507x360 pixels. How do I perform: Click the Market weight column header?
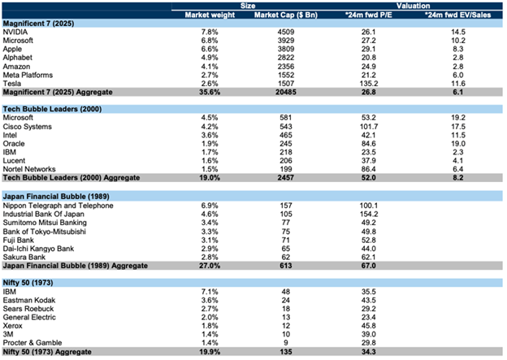pyautogui.click(x=210, y=15)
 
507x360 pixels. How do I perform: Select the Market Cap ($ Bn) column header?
pyautogui.click(x=286, y=15)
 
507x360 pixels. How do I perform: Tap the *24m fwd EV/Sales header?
pyautogui.click(x=458, y=15)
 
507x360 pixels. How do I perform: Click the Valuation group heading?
pyautogui.click(x=414, y=6)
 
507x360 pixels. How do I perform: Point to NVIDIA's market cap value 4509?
pyautogui.click(x=286, y=32)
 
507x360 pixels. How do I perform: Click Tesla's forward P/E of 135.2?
pyautogui.click(x=369, y=84)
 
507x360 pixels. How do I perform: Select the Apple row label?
pyautogui.click(x=12, y=49)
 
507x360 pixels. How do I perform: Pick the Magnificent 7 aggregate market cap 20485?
pyautogui.click(x=286, y=92)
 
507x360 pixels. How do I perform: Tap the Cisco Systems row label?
pyautogui.click(x=27, y=127)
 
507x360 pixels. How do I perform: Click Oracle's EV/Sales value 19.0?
pyautogui.click(x=458, y=144)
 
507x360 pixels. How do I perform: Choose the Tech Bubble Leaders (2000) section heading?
pyautogui.click(x=52, y=109)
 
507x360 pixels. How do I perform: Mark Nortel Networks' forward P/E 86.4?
pyautogui.click(x=369, y=169)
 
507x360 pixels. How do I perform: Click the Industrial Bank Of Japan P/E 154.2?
pyautogui.click(x=369, y=214)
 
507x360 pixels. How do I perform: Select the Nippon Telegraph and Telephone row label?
pyautogui.click(x=58, y=206)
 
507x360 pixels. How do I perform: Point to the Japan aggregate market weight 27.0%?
pyautogui.click(x=210, y=266)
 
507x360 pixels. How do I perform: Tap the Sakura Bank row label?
pyautogui.click(x=24, y=257)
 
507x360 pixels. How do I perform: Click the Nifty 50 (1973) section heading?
pyautogui.click(x=28, y=283)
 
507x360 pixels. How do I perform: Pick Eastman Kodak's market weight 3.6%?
pyautogui.click(x=210, y=300)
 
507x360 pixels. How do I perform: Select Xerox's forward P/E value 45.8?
pyautogui.click(x=369, y=326)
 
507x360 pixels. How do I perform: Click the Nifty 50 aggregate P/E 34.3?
pyautogui.click(x=369, y=352)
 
